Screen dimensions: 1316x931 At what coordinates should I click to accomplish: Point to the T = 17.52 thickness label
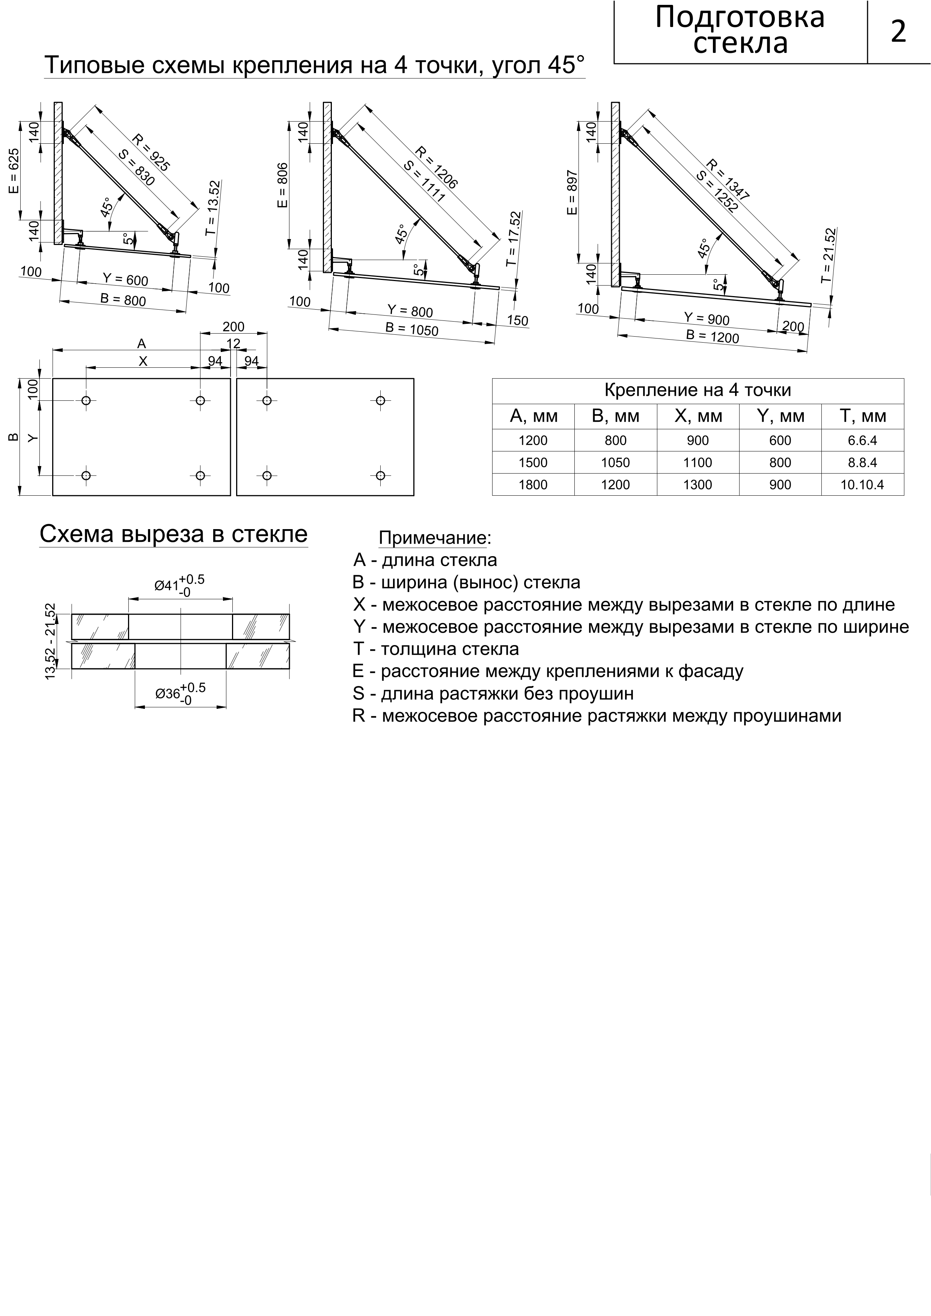[514, 238]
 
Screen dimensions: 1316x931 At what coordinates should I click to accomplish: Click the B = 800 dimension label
[123, 299]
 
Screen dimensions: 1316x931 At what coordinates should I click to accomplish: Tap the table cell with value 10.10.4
[862, 485]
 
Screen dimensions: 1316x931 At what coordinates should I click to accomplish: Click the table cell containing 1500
[533, 463]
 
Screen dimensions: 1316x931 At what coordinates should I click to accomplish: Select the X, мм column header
[697, 416]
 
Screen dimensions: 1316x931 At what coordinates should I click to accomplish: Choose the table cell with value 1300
[697, 485]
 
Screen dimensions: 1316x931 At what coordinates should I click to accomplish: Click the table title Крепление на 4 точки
[697, 390]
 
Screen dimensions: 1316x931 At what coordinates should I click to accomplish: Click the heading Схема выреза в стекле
[173, 534]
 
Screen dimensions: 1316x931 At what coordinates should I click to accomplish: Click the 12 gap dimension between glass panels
[234, 343]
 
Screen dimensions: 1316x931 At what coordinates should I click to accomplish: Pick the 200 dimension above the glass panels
[234, 327]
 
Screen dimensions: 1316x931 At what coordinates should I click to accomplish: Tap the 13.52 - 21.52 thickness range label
[51, 641]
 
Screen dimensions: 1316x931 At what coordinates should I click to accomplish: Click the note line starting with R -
[596, 716]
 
